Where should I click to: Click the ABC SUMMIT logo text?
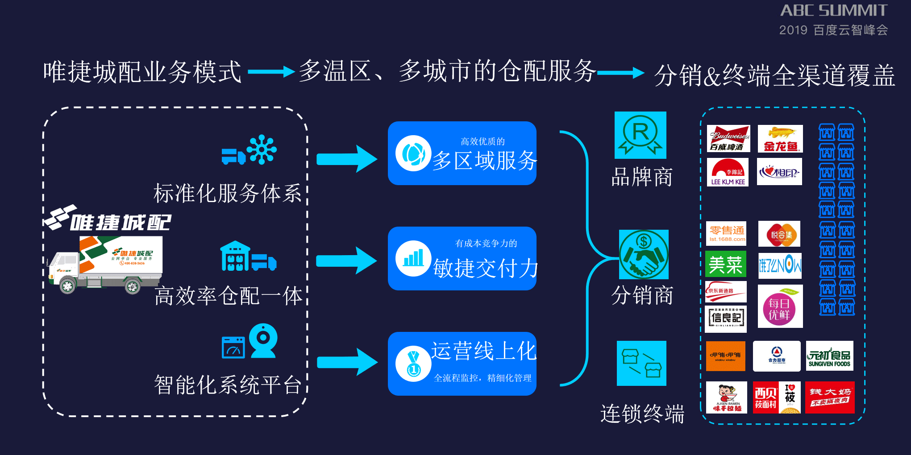click(833, 10)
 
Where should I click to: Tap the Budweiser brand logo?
click(728, 139)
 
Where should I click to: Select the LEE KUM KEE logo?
click(728, 172)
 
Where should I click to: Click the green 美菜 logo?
click(725, 265)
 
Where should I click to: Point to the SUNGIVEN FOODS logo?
click(829, 356)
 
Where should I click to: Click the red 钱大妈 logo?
click(830, 397)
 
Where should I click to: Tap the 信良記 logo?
click(726, 318)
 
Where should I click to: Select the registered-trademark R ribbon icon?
click(641, 135)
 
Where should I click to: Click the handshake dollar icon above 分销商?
click(644, 254)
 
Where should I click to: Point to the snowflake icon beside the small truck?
click(262, 149)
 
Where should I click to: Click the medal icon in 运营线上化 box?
click(413, 364)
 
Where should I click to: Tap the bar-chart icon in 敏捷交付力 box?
click(413, 258)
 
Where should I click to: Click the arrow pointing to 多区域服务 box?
click(346, 159)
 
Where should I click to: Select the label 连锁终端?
click(642, 414)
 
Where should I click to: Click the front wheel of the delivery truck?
click(67, 285)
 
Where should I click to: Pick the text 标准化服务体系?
click(228, 193)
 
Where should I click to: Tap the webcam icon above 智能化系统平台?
click(263, 340)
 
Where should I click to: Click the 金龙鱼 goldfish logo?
click(780, 139)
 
